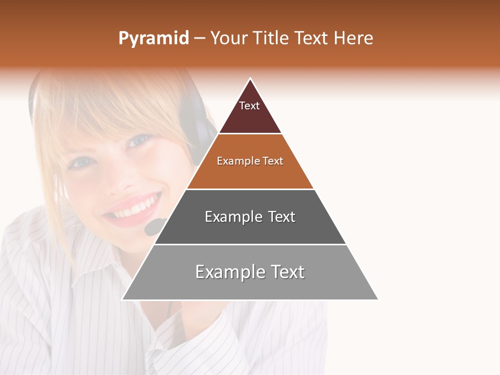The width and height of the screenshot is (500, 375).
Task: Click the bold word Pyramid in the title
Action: tap(153, 39)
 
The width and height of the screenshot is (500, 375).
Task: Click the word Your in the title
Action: tap(229, 39)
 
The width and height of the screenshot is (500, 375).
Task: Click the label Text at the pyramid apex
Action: tap(249, 106)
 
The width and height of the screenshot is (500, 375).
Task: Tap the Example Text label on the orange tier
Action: tap(250, 161)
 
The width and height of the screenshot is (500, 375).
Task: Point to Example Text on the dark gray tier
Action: tap(250, 217)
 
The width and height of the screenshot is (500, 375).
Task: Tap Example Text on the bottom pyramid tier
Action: tap(250, 272)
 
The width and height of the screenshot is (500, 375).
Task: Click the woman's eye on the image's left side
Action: tap(81, 162)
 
